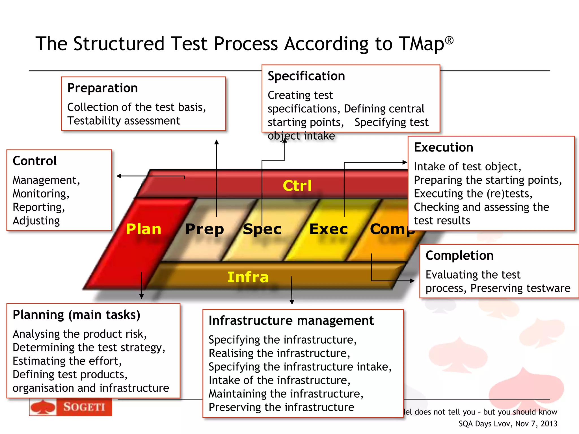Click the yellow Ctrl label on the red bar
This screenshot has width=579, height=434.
(297, 186)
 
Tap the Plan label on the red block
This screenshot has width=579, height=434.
(143, 229)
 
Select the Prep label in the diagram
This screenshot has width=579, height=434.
(204, 229)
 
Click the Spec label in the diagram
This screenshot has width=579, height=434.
(262, 229)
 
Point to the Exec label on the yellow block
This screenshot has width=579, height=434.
(329, 229)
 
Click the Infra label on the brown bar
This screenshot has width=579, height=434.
(248, 277)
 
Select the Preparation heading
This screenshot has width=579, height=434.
(102, 88)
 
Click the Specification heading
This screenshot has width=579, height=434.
(306, 76)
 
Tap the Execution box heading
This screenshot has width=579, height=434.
(443, 147)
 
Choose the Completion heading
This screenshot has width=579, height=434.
(459, 255)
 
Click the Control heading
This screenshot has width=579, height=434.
(34, 161)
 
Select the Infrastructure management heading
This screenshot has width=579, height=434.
(291, 321)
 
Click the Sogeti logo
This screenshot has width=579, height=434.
(71, 407)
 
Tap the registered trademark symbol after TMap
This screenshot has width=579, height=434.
(449, 41)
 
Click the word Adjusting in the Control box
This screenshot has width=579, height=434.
(36, 221)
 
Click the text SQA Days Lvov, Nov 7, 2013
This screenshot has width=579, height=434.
(507, 424)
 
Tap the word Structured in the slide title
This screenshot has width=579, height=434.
(119, 44)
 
